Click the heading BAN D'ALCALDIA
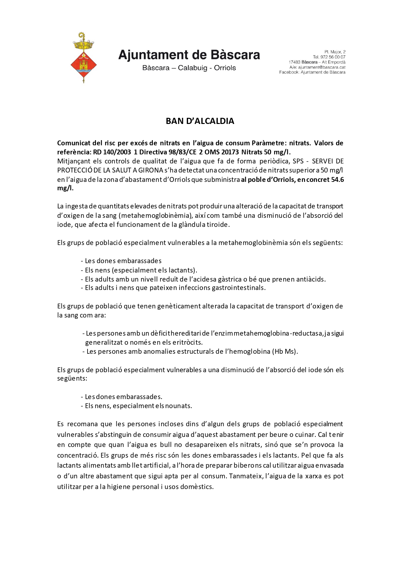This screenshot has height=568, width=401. (200, 121)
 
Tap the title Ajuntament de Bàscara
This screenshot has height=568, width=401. (189, 55)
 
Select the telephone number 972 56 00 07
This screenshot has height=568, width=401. (333, 57)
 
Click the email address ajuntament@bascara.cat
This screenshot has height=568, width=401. (322, 67)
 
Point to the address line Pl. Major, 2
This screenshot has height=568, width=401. (335, 52)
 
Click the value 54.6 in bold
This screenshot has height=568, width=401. (337, 180)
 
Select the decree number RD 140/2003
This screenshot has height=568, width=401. (112, 152)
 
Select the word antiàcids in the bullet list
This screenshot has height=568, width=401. (311, 279)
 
